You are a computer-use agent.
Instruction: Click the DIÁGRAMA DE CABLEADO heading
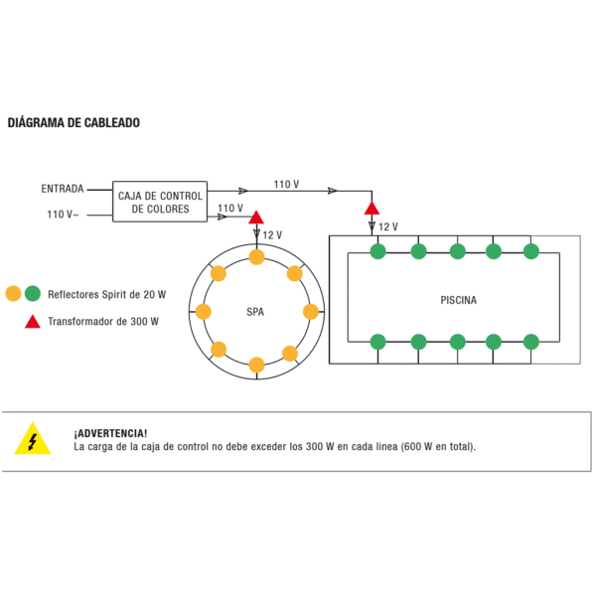[74, 123]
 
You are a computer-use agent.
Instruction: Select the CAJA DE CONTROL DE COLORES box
[160, 202]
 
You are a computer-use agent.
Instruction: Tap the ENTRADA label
[62, 189]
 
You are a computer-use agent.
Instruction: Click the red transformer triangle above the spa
[255, 218]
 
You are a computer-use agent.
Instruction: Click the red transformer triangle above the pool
[372, 208]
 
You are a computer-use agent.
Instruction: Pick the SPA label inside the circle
[255, 312]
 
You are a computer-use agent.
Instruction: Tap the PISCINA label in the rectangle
[458, 299]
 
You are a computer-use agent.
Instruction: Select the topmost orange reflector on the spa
[256, 257]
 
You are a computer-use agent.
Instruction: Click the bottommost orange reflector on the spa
[256, 365]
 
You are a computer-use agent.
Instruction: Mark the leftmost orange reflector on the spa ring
[204, 312]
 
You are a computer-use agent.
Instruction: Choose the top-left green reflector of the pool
[377, 250]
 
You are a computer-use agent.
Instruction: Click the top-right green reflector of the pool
[531, 250]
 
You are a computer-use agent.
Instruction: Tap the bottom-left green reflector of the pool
[377, 342]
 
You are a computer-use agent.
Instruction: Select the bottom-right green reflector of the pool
[531, 342]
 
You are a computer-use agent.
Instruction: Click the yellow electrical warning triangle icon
[32, 440]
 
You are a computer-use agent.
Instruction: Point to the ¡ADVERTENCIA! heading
[110, 433]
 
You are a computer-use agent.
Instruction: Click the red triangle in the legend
[32, 321]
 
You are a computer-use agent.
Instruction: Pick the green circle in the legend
[33, 294]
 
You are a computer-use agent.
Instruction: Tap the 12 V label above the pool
[388, 226]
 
